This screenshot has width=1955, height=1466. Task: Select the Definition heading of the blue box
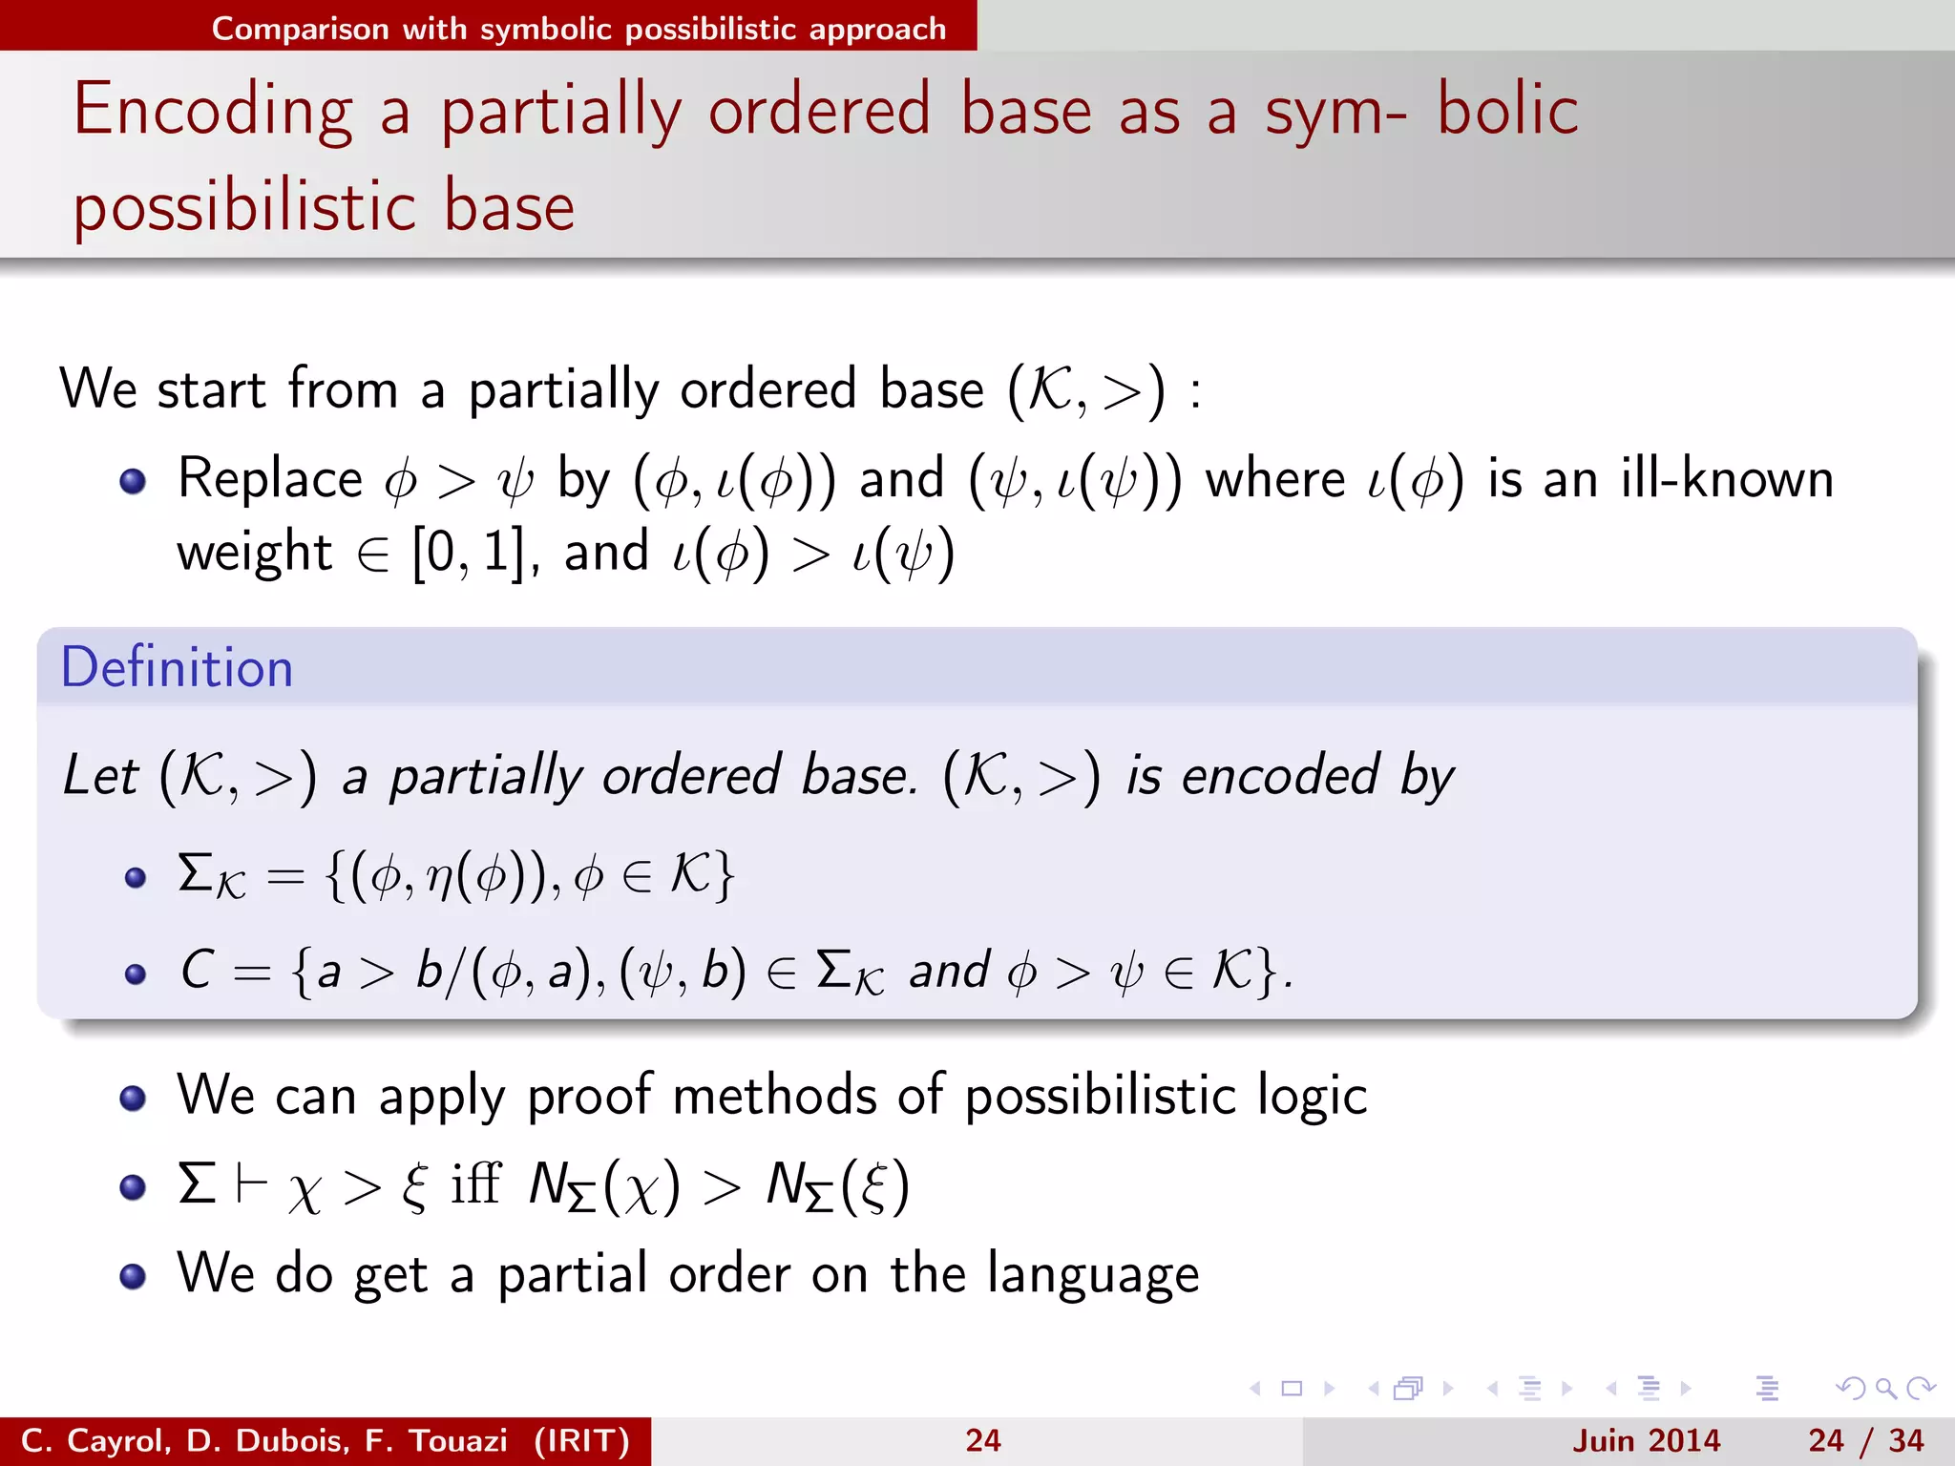point(177,667)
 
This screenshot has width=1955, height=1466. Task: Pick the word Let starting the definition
point(99,775)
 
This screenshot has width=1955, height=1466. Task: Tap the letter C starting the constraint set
point(197,971)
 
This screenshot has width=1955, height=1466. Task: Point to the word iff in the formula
point(475,1184)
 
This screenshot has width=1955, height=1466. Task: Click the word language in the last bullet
point(1093,1275)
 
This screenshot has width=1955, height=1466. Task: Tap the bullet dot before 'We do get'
point(134,1276)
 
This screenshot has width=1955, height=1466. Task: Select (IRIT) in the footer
point(581,1440)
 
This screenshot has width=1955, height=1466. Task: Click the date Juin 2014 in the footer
point(1646,1440)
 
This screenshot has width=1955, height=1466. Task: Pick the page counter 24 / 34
point(1865,1440)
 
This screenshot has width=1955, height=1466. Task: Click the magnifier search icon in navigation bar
point(1885,1389)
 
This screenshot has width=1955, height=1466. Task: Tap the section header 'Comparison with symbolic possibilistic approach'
point(578,29)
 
